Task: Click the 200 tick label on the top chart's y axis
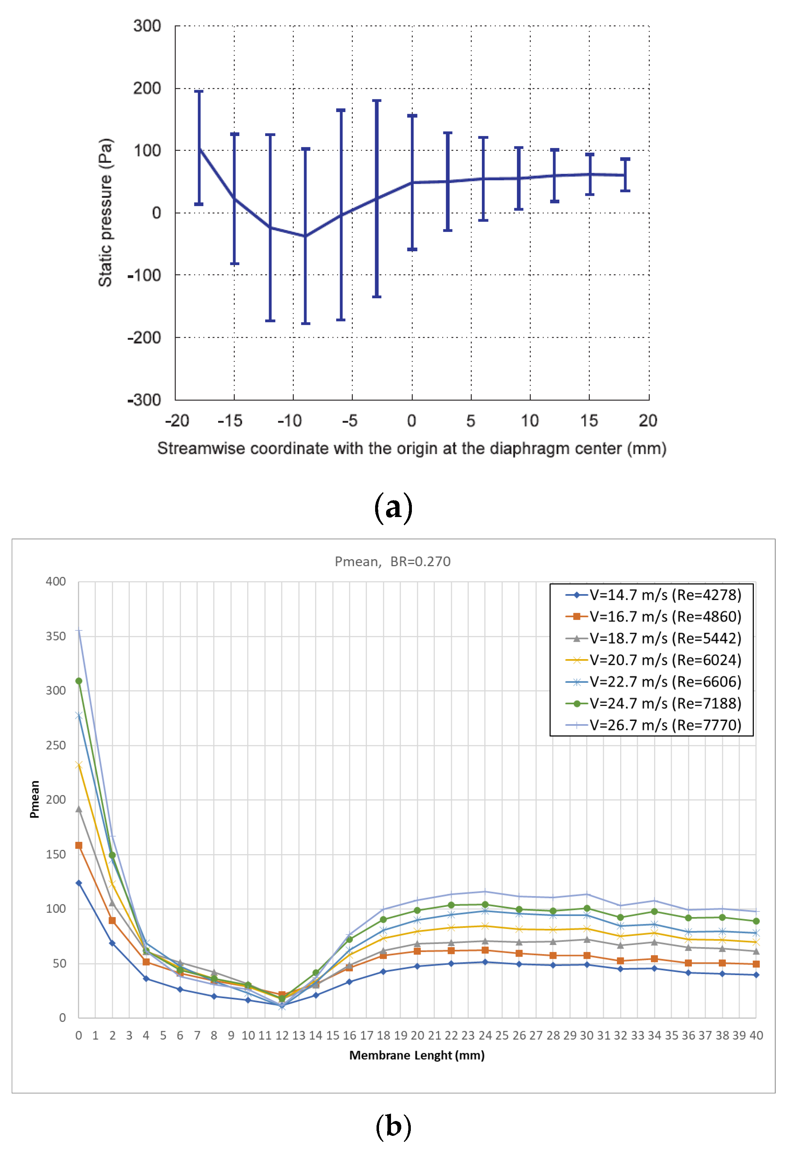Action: pyautogui.click(x=147, y=89)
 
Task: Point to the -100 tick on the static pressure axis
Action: pyautogui.click(x=144, y=275)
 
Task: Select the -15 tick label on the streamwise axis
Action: pyautogui.click(x=230, y=421)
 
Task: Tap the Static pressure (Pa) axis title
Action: pyautogui.click(x=105, y=212)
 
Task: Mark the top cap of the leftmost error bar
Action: pyautogui.click(x=198, y=92)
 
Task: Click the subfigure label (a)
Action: pyautogui.click(x=393, y=508)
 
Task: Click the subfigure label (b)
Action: pyautogui.click(x=393, y=1126)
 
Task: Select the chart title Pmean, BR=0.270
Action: pyautogui.click(x=392, y=562)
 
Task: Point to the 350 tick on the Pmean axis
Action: pyautogui.click(x=56, y=636)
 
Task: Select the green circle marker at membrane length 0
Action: pyautogui.click(x=78, y=681)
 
